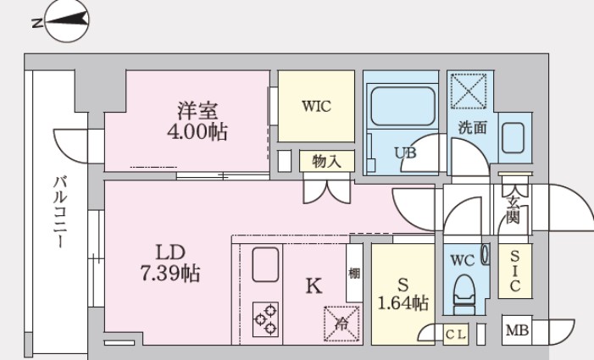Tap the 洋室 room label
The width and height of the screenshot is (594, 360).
[x=197, y=110]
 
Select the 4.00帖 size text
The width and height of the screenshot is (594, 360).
[x=197, y=132]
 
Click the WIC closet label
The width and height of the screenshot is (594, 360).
[x=315, y=107]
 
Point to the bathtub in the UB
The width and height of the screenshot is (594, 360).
[x=400, y=109]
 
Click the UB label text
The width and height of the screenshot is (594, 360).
[x=405, y=152]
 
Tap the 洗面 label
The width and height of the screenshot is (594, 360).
[x=473, y=129]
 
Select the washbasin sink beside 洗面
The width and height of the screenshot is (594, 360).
[x=515, y=138]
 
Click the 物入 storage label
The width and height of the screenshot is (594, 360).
[x=326, y=161]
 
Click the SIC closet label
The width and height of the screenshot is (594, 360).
[x=514, y=270]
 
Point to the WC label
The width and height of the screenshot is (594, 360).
[x=461, y=260]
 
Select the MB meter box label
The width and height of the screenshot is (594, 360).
[x=515, y=331]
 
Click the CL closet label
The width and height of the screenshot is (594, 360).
[x=455, y=334]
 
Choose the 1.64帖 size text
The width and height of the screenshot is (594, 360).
[x=402, y=303]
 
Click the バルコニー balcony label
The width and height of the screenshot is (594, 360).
[x=60, y=212]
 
